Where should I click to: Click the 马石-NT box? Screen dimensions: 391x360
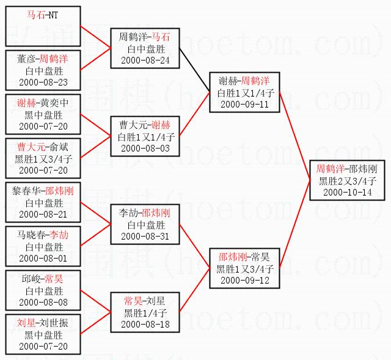point(43,26)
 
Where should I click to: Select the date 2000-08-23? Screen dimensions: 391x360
point(43,82)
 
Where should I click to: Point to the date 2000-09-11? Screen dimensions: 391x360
point(243,104)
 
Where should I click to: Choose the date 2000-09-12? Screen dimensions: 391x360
point(243,280)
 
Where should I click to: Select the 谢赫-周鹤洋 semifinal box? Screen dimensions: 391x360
point(243,92)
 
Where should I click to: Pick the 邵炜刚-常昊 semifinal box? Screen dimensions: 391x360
point(243,268)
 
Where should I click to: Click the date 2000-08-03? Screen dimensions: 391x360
point(145,148)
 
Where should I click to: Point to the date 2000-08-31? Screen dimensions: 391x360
point(145,236)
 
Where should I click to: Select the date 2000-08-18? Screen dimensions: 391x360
point(145,324)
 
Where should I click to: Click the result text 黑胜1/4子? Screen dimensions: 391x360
point(145,312)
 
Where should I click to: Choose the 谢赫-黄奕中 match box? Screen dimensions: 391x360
point(43,114)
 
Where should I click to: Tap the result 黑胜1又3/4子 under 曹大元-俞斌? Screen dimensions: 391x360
point(43,159)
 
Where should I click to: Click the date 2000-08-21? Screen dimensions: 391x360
point(43,214)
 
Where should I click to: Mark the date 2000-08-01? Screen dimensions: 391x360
point(43,258)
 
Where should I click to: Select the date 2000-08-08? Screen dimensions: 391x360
point(43,302)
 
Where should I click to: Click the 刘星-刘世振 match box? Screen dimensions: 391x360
point(43,334)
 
